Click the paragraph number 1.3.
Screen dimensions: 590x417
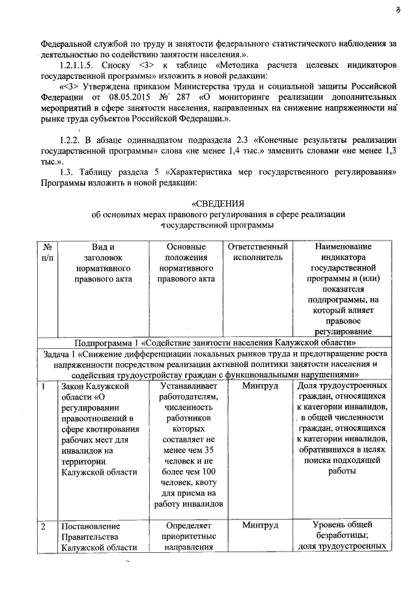(x=67, y=171)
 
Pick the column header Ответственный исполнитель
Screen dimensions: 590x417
(x=256, y=252)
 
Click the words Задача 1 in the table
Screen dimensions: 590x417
(x=61, y=353)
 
